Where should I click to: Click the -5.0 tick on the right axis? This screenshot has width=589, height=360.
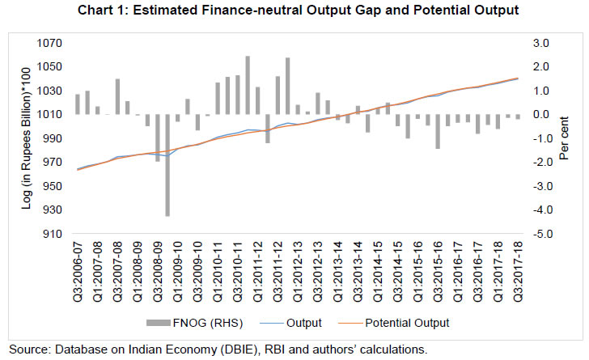540,234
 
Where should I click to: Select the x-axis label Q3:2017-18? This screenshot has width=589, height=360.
517,268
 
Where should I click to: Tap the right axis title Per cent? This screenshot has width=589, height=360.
572,138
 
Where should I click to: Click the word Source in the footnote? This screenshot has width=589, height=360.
28,349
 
